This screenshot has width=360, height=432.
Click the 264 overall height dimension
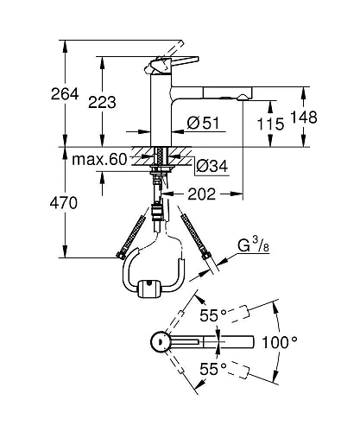coord(41,94)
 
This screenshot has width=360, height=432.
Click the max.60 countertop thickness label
coord(98,159)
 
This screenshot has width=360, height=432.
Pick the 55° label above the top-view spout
coord(212,315)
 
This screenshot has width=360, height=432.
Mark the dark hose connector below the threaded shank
coord(157,213)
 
